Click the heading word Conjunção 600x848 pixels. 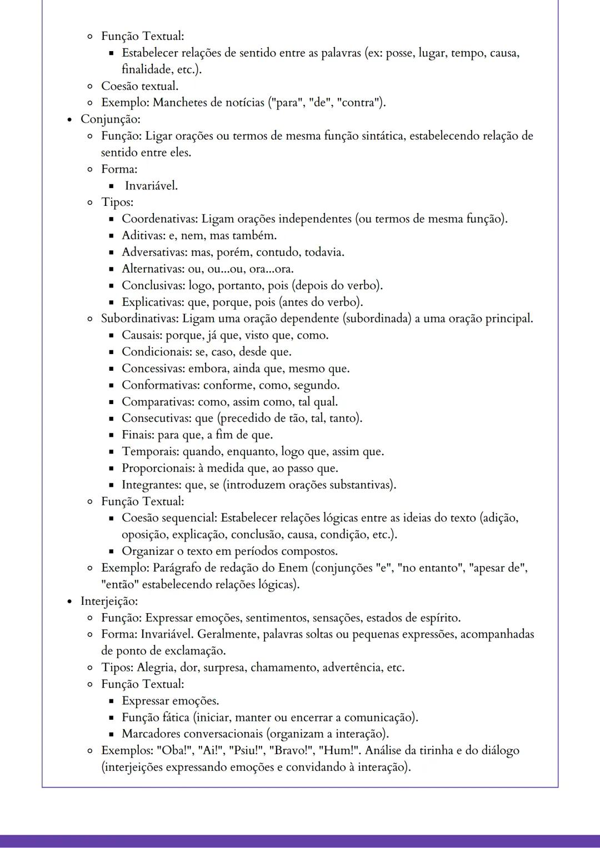pos(110,119)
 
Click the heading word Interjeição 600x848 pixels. pos(109,601)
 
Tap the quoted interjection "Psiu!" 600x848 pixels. pos(246,751)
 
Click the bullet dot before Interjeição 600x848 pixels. pos(69,602)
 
